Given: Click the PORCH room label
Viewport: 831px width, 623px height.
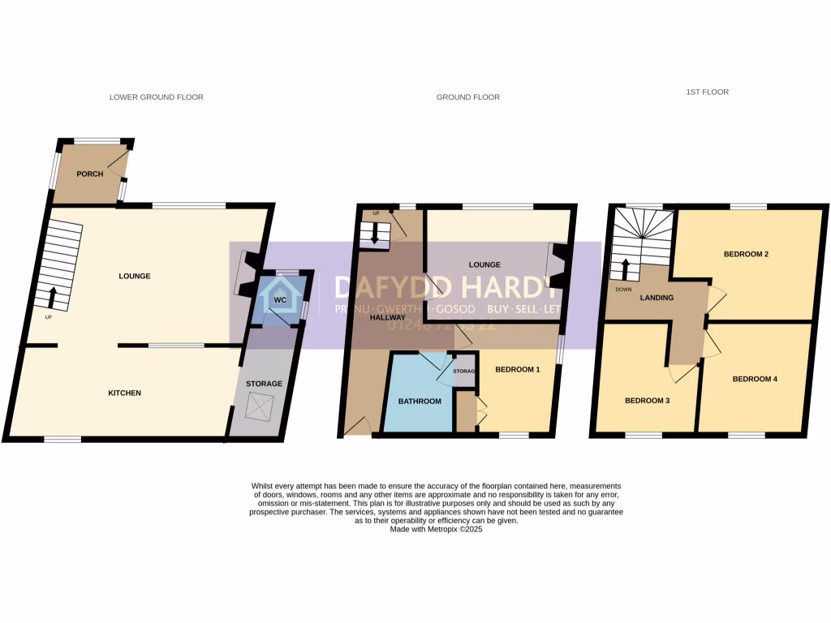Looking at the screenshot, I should tap(89, 174).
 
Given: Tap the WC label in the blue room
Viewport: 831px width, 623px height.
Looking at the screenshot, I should tap(280, 300).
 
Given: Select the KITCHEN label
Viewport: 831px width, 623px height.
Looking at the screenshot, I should tap(125, 393).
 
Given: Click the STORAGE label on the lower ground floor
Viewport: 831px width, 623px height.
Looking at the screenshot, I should tap(265, 384).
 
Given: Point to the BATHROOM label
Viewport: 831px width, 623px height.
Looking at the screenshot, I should tap(420, 402).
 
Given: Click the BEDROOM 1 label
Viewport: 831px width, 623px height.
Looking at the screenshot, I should tap(517, 370).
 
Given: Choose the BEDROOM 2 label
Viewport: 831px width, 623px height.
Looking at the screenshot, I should tap(746, 255).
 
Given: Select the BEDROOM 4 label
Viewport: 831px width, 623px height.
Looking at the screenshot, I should tap(755, 379).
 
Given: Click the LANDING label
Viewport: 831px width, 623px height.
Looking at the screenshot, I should tap(657, 298).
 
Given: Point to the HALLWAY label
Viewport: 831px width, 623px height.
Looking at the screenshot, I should tap(387, 317).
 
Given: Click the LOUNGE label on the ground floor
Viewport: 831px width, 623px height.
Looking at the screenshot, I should tap(484, 265).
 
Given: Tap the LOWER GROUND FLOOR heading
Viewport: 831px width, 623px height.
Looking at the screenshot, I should tap(157, 97).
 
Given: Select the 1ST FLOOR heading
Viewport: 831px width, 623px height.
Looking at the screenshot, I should tap(706, 92).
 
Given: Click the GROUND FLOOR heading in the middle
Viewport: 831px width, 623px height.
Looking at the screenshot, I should tap(468, 97).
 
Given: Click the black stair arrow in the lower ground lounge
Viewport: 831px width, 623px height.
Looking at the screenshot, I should tap(53, 297).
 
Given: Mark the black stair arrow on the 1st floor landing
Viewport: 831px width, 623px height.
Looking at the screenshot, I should tap(626, 268).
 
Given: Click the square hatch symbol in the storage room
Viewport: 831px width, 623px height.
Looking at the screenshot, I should tap(260, 404).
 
